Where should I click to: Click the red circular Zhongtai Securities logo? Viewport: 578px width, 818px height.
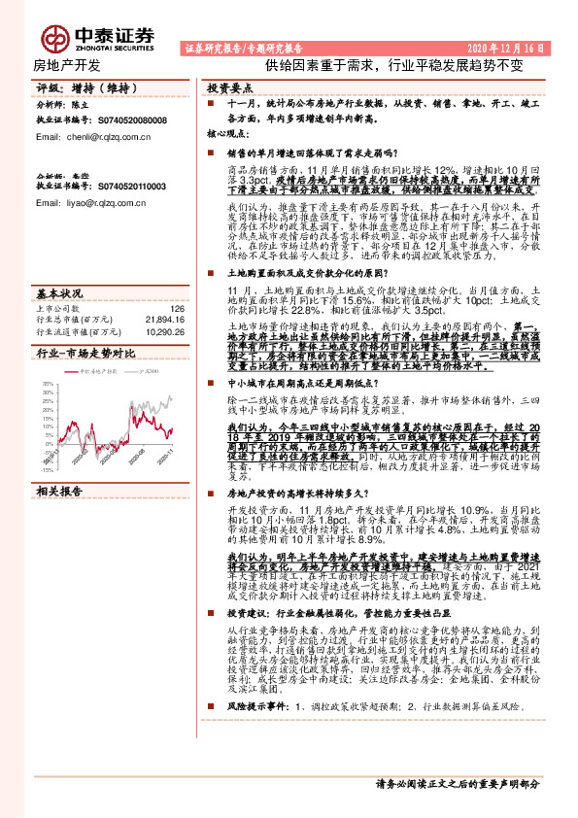[54, 38]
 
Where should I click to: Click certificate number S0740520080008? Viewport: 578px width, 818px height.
[124, 120]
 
